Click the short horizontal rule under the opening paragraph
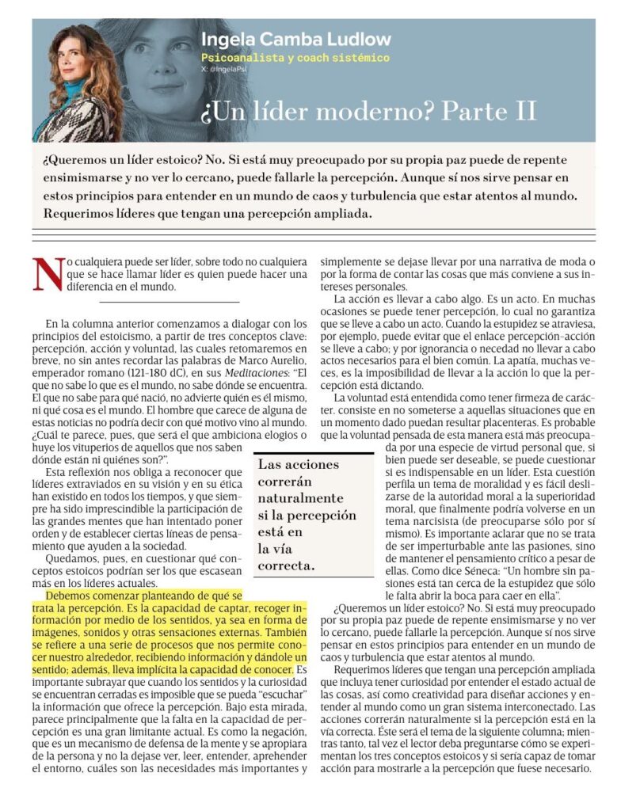170,302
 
